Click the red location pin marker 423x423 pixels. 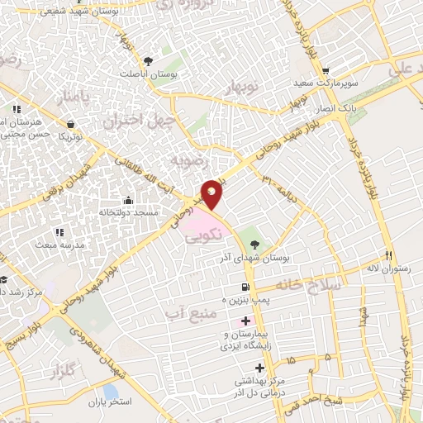[x=212, y=193]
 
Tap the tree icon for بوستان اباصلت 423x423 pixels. [x=149, y=60]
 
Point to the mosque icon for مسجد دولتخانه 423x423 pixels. [x=128, y=199]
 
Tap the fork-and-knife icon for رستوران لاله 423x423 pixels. [x=389, y=255]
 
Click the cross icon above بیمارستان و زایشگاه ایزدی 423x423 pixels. [x=245, y=320]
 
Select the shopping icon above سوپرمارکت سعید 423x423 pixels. [x=327, y=71]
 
